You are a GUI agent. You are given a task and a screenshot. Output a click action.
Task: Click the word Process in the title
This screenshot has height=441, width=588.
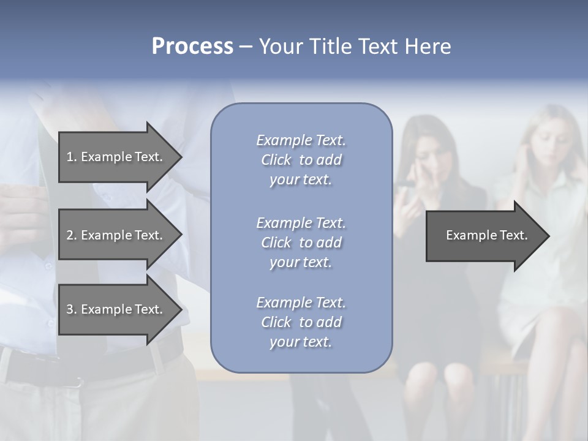click(192, 47)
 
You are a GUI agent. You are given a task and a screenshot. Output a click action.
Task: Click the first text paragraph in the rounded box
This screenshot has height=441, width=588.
click(301, 160)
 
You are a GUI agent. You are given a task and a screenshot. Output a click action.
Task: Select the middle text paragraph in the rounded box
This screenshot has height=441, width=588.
click(301, 243)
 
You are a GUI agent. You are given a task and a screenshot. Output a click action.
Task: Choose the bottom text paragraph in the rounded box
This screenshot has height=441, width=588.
click(301, 322)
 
